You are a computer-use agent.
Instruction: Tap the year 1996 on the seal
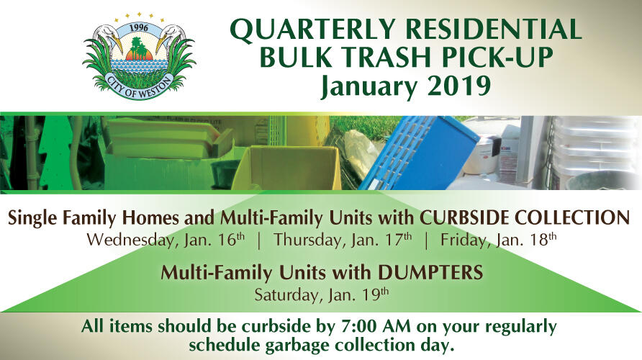(139, 28)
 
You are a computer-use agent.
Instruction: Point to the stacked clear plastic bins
(584, 145)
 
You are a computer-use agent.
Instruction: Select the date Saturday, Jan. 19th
(322, 294)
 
